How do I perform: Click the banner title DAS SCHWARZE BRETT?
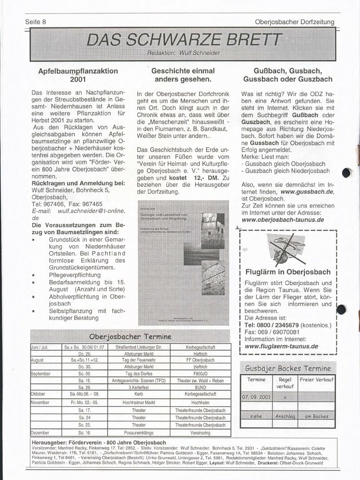(184, 40)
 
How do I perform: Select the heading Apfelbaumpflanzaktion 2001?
(78, 75)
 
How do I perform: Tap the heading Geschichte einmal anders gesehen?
(183, 75)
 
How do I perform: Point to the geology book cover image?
(184, 263)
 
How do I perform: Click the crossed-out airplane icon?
(287, 249)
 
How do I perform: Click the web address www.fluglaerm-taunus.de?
(281, 346)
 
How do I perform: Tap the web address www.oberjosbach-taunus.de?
(283, 220)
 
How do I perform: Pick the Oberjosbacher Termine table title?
(130, 336)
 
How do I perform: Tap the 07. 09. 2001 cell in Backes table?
(256, 396)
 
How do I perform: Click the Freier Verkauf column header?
(317, 380)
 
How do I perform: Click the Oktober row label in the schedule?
(38, 394)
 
